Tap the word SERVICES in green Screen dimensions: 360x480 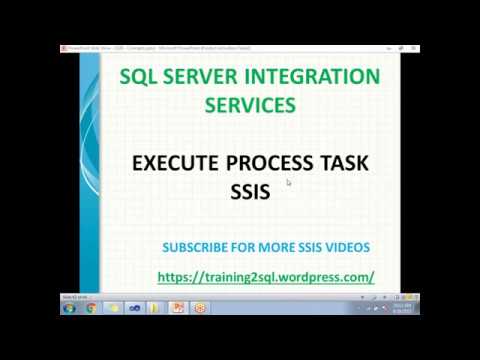[250, 104]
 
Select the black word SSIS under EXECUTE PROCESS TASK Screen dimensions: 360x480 [250, 192]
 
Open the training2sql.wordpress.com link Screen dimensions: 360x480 [265, 276]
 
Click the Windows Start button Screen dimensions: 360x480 [69, 308]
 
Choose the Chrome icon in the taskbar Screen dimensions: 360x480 [91, 308]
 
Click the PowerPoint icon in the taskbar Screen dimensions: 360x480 [179, 308]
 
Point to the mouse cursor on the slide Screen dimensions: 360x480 [288, 182]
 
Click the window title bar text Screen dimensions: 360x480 [160, 48]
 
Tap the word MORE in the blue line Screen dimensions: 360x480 [273, 247]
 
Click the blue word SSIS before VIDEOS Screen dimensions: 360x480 [307, 247]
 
